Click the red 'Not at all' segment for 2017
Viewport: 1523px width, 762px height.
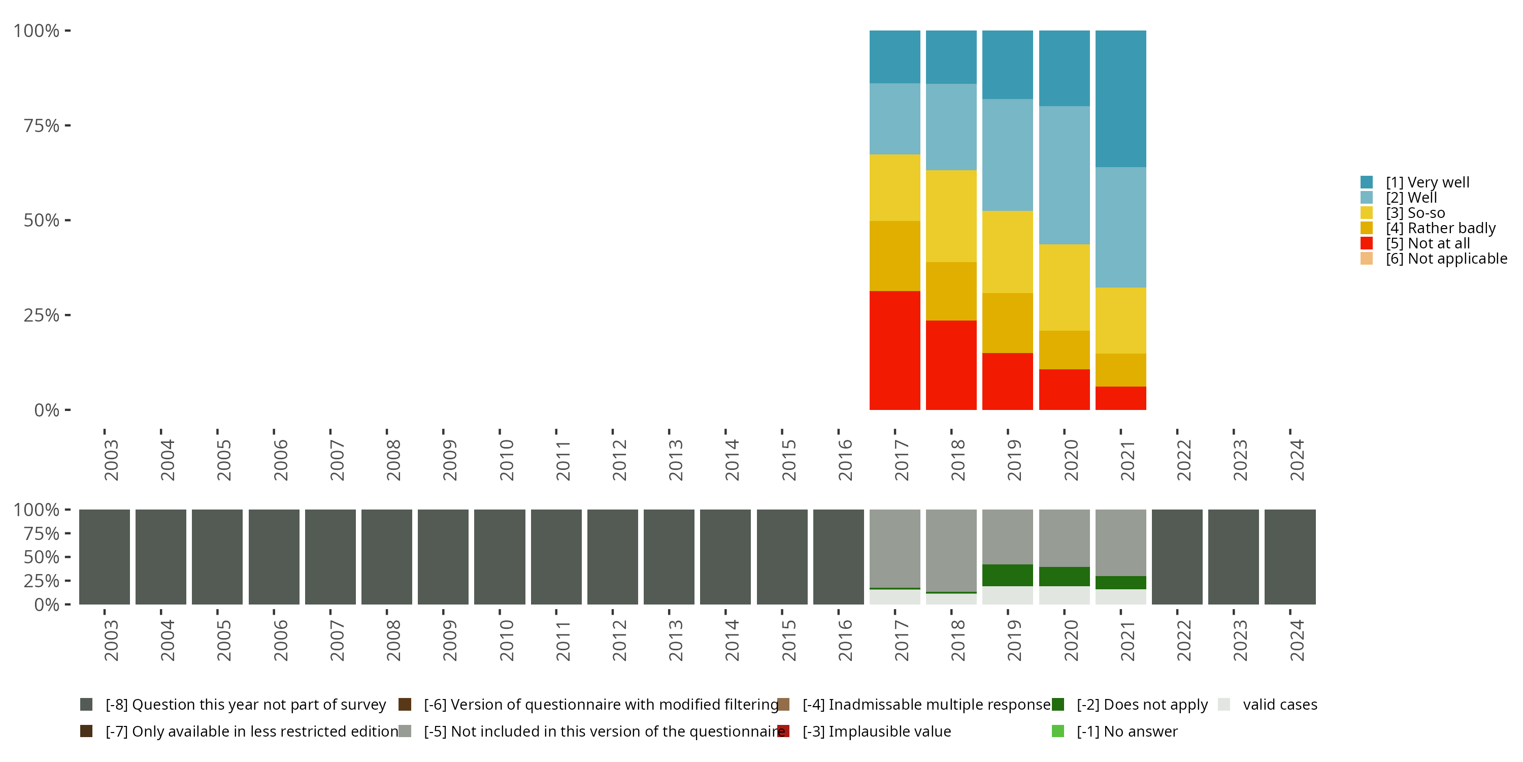(x=895, y=350)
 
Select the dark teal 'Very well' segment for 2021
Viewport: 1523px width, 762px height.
(x=1120, y=99)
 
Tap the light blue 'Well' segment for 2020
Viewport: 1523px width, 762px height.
(x=1064, y=175)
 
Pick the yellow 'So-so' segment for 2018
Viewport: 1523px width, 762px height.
(x=951, y=216)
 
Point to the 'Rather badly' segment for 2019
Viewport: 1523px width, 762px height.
(x=1007, y=323)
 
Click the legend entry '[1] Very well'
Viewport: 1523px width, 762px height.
(x=1427, y=182)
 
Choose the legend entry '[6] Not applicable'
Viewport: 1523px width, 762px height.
(x=1446, y=259)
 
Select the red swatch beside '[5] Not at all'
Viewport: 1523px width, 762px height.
(x=1366, y=243)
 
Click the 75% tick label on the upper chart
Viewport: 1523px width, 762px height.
(x=42, y=125)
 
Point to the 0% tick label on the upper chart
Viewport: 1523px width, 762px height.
(x=47, y=410)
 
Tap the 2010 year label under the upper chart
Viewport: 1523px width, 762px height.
(x=507, y=460)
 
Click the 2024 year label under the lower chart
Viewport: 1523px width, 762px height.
(x=1297, y=640)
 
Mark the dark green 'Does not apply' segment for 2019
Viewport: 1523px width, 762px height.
(x=1007, y=575)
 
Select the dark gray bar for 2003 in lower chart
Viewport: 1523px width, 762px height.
(x=105, y=557)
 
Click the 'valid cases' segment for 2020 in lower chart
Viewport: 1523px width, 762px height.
(x=1064, y=595)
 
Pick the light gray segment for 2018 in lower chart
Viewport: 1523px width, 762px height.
(x=951, y=550)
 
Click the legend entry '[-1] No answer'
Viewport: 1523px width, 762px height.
(x=1127, y=731)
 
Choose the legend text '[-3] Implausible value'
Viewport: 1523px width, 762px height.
(x=877, y=731)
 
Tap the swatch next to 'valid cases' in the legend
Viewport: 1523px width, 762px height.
(x=1224, y=705)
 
